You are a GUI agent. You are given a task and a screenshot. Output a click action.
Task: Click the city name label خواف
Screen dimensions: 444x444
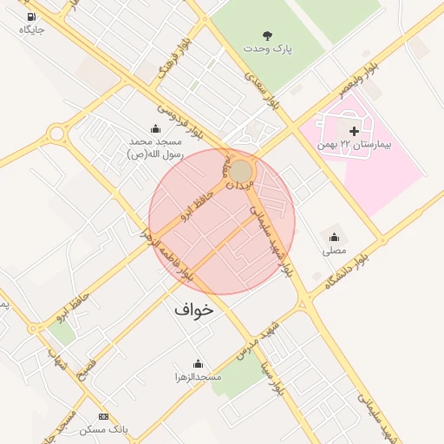coord(193,309)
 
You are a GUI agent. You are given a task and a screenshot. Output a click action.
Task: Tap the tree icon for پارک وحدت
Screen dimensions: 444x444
coord(267,36)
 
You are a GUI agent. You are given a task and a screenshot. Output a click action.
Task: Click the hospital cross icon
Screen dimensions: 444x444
coord(353,130)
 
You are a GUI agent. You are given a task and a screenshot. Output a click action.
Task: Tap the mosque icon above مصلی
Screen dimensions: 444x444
coord(334,237)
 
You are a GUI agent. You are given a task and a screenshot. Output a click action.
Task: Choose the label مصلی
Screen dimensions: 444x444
coord(334,251)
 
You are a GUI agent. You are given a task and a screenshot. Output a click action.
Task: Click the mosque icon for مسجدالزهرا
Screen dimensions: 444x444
coord(198,363)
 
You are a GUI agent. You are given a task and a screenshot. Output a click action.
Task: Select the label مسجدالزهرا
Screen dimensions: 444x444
coord(198,377)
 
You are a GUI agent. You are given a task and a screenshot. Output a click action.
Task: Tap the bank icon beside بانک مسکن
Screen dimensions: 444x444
coord(104,416)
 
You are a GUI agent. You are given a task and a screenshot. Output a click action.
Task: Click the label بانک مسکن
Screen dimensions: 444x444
coord(104,429)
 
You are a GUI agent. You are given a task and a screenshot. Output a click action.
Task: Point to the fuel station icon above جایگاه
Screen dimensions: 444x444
coord(31,16)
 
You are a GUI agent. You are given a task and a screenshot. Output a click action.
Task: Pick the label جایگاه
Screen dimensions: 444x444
coord(31,29)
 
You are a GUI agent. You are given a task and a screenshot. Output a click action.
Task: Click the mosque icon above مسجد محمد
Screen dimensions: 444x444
coord(156,128)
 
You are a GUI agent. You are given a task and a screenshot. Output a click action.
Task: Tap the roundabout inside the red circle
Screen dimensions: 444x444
coord(241,171)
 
